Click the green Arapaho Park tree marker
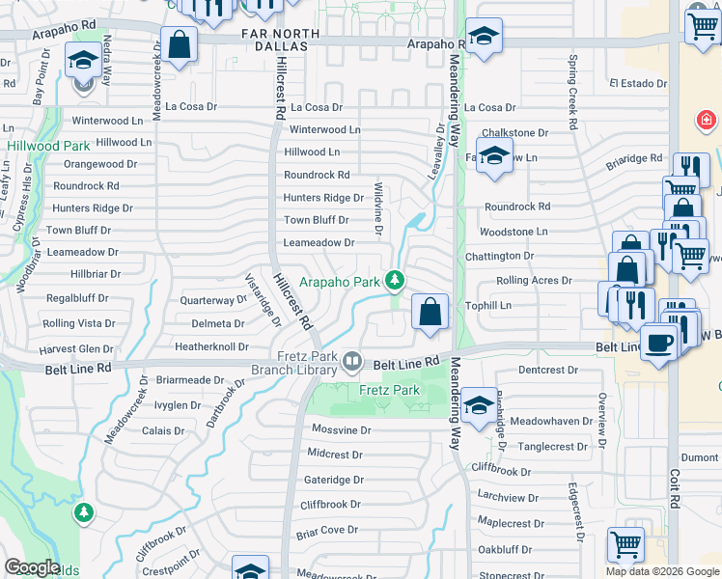tap(394, 281)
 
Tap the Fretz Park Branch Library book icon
tap(353, 362)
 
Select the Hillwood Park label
tap(48, 146)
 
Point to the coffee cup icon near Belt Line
tap(659, 343)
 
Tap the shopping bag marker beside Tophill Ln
tap(430, 312)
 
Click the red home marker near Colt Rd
tap(707, 120)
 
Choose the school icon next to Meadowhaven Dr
tap(479, 404)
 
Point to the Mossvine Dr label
tap(341, 428)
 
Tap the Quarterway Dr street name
tap(214, 300)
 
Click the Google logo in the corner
tap(32, 567)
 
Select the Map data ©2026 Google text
tap(662, 571)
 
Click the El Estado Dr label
tap(637, 84)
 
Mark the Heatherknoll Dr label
tap(211, 346)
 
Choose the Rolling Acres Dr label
tap(534, 281)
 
